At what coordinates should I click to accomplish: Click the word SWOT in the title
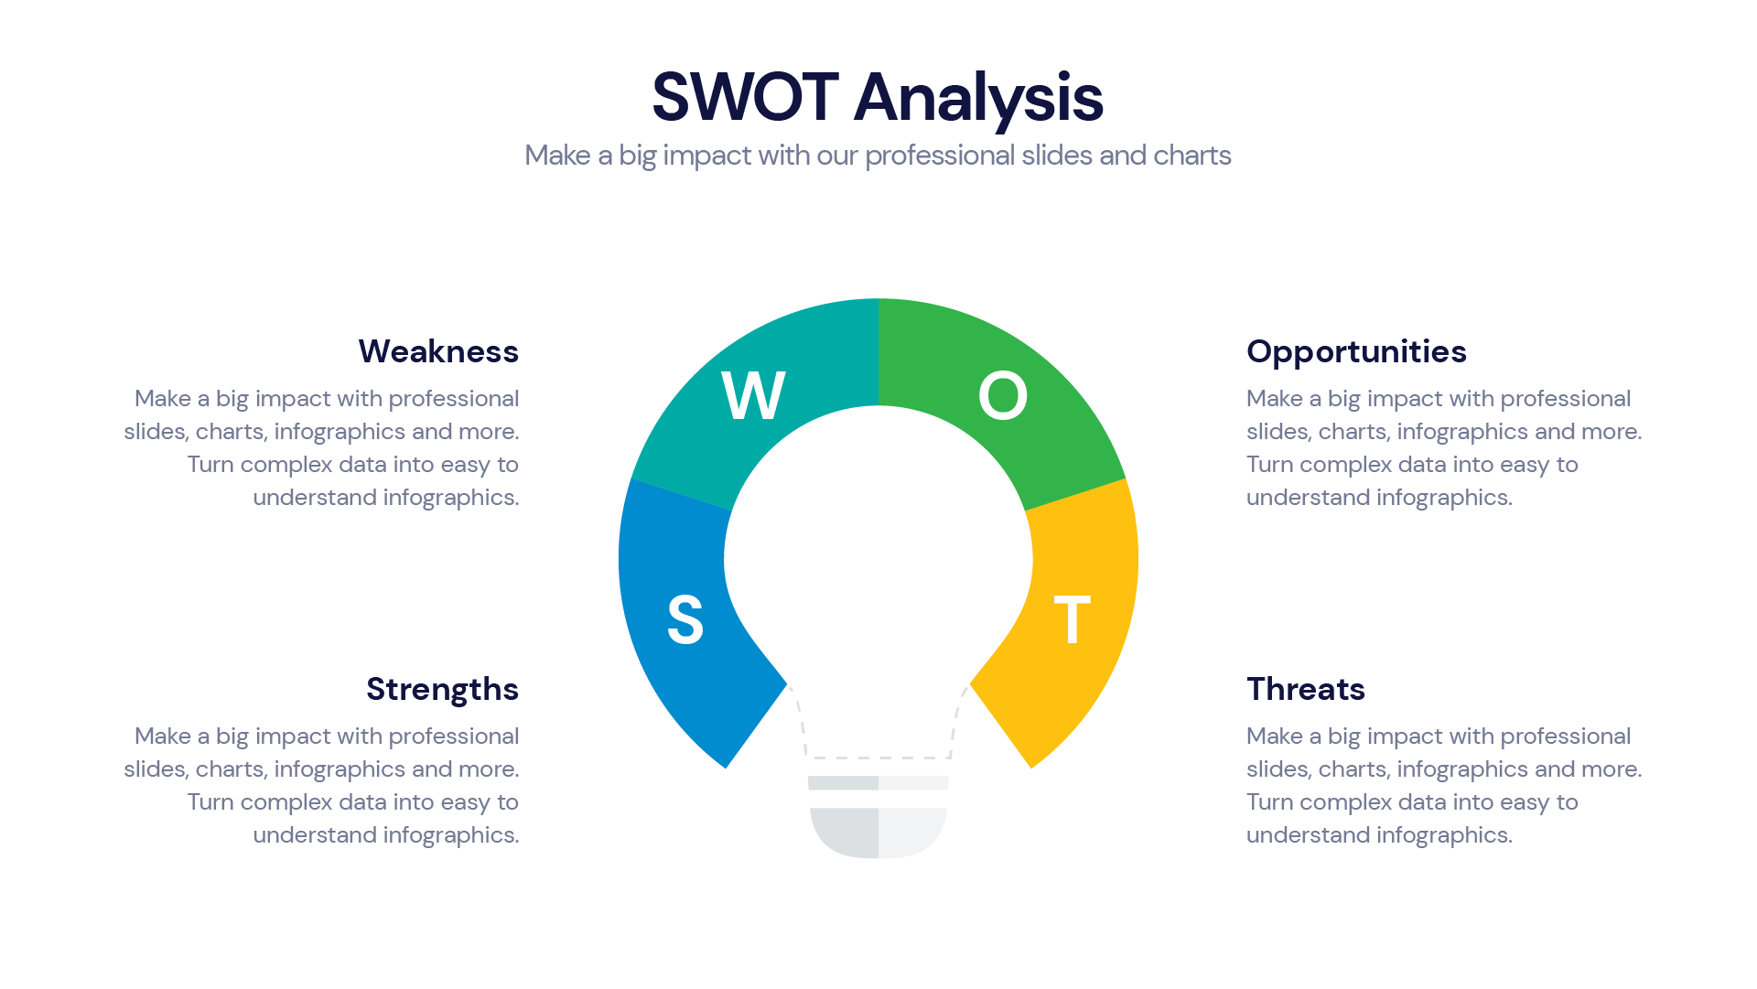pyautogui.click(x=745, y=97)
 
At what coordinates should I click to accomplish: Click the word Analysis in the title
pyautogui.click(x=978, y=99)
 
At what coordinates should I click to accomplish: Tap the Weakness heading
pyautogui.click(x=438, y=351)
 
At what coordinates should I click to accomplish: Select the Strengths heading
pyautogui.click(x=442, y=690)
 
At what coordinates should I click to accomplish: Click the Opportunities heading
pyautogui.click(x=1356, y=352)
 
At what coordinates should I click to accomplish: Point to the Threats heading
pyautogui.click(x=1306, y=689)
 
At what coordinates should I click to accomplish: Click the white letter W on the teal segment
pyautogui.click(x=753, y=396)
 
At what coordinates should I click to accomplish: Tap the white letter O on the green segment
pyautogui.click(x=1003, y=396)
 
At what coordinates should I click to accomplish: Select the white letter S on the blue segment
pyautogui.click(x=685, y=620)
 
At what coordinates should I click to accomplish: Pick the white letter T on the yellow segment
pyautogui.click(x=1072, y=619)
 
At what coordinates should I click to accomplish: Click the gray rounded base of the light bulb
pyautogui.click(x=878, y=833)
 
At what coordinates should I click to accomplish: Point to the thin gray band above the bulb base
pyautogui.click(x=878, y=783)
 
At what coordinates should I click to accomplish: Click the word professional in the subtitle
pyautogui.click(x=940, y=156)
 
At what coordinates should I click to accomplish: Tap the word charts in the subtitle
pyautogui.click(x=1192, y=156)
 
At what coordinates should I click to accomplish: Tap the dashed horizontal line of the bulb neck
pyautogui.click(x=878, y=758)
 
